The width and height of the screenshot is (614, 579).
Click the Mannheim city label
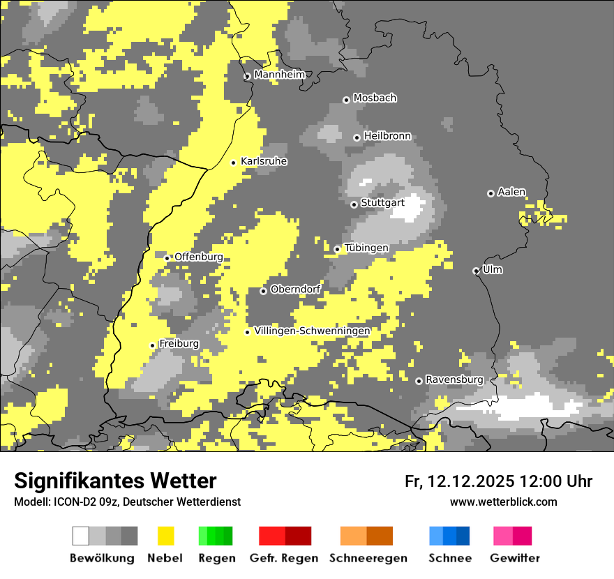point(279,75)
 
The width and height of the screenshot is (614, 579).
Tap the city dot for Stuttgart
point(354,204)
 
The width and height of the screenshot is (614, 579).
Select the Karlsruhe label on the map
point(264,161)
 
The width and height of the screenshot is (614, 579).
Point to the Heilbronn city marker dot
point(357,137)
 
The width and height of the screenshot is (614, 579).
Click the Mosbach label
point(375,98)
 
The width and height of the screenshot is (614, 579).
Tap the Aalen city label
point(511,192)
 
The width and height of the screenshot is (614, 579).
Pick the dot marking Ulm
point(476,271)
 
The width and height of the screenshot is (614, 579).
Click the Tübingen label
point(366,248)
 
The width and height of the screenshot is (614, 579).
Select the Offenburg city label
point(199,257)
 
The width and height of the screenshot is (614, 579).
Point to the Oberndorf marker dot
point(263,291)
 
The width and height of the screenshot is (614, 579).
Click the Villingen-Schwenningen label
point(313,331)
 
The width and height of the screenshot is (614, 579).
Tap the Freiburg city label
point(179,343)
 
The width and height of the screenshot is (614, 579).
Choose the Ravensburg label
point(454,379)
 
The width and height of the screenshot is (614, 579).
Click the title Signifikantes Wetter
point(115,481)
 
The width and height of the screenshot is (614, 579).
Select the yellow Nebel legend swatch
point(165,536)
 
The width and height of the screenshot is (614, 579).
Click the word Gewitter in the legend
point(515,558)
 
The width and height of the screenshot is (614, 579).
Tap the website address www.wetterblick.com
point(503,502)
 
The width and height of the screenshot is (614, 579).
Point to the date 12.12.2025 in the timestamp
point(471,481)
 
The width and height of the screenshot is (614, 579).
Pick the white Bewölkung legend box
point(81,536)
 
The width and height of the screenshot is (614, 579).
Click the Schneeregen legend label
point(368,558)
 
